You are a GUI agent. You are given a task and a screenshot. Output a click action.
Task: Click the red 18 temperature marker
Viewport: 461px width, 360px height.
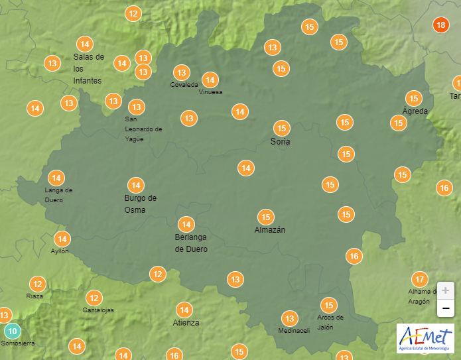point(440,26)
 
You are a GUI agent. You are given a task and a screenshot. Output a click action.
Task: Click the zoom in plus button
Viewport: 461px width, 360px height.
point(445,290)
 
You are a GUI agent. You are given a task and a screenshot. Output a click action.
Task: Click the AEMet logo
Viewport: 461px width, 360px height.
point(425,338)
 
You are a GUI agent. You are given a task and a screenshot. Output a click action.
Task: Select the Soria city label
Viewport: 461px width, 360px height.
point(281,142)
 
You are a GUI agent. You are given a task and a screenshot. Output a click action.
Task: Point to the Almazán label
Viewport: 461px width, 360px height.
point(270,230)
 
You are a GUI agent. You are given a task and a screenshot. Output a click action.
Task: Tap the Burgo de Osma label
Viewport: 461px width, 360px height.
point(140,204)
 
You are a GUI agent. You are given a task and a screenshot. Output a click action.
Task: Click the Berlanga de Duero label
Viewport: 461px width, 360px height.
point(191,243)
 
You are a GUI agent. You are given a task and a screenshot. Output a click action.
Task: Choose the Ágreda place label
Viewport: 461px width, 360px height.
point(415,111)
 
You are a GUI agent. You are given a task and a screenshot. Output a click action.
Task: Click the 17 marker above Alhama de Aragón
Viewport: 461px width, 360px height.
point(419,279)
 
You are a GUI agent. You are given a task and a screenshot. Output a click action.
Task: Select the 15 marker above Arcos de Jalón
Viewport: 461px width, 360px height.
point(328,306)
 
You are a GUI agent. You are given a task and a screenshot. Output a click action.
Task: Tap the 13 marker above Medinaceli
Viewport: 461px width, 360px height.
point(289,319)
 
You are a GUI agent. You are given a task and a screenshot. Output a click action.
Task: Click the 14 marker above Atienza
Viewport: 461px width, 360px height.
point(184,310)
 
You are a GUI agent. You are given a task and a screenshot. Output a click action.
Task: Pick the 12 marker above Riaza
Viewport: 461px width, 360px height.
point(37,284)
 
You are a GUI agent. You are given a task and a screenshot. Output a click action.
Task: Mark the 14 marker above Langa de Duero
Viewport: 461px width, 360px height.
point(56,178)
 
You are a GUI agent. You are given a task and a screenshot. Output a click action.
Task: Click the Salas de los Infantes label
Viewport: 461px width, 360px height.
point(89,69)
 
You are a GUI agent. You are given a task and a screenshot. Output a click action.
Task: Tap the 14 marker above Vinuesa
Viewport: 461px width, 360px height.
point(210,80)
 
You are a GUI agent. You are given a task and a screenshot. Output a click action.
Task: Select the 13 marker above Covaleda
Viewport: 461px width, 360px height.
point(181,72)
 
